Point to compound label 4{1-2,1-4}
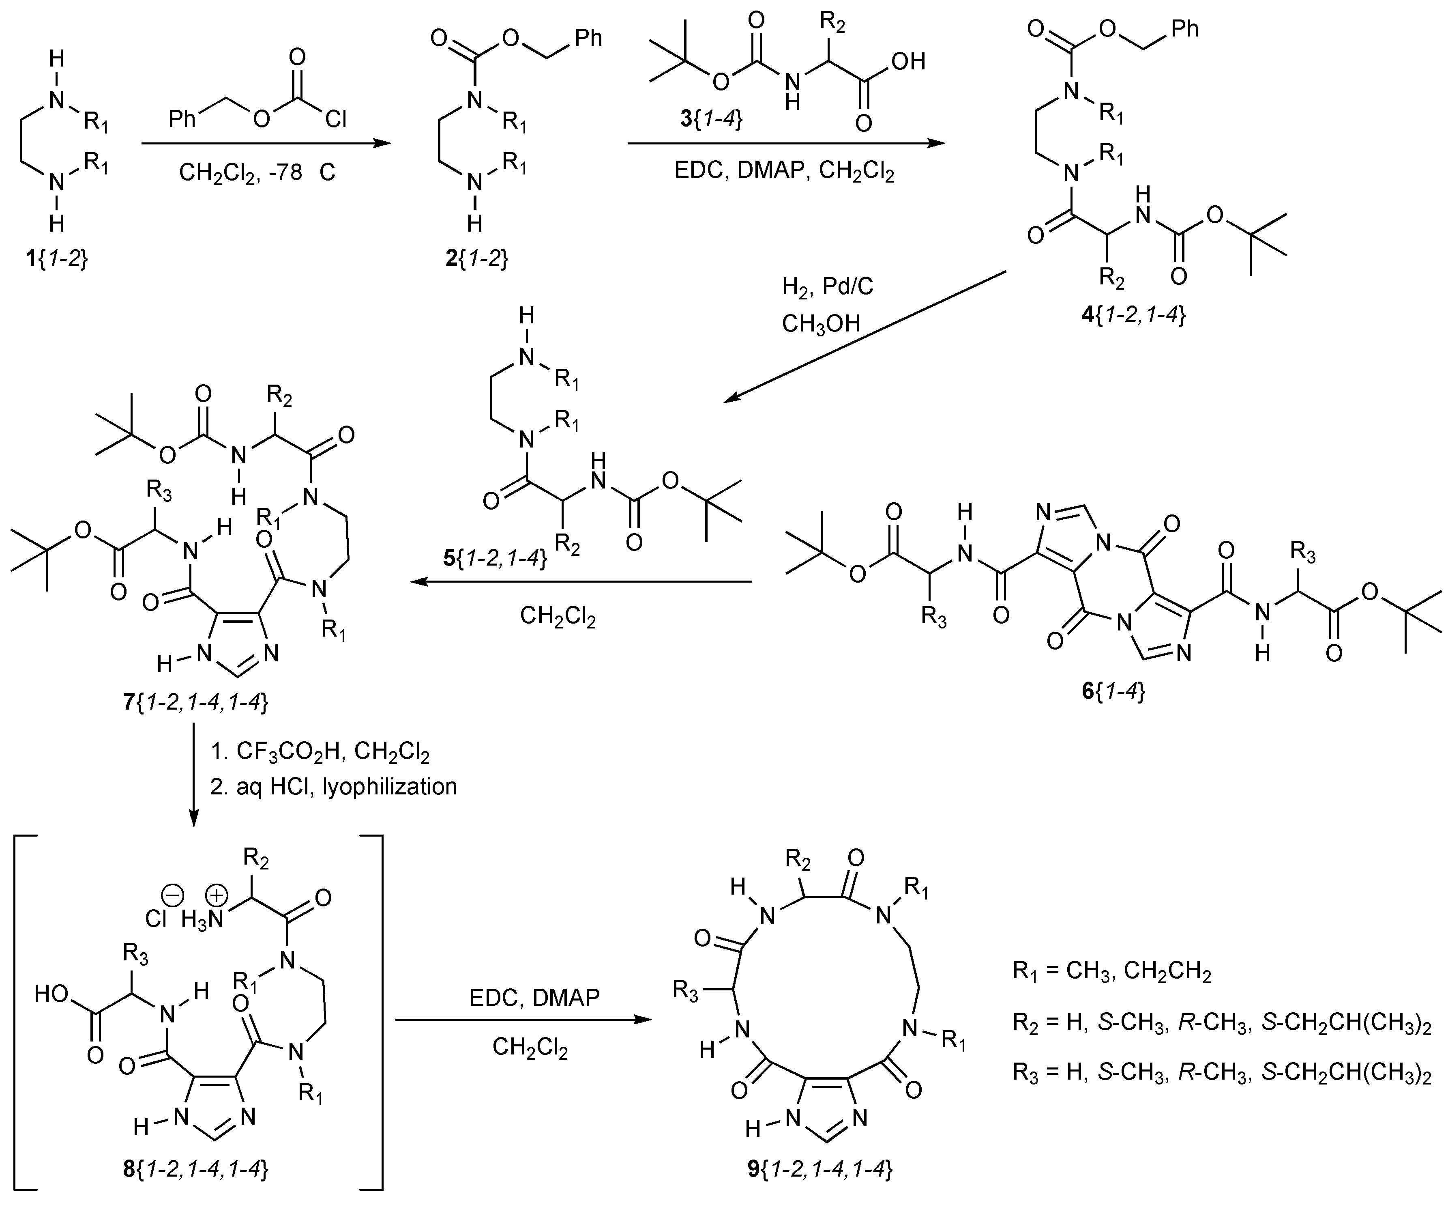click(x=1134, y=316)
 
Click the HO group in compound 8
click(x=52, y=994)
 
